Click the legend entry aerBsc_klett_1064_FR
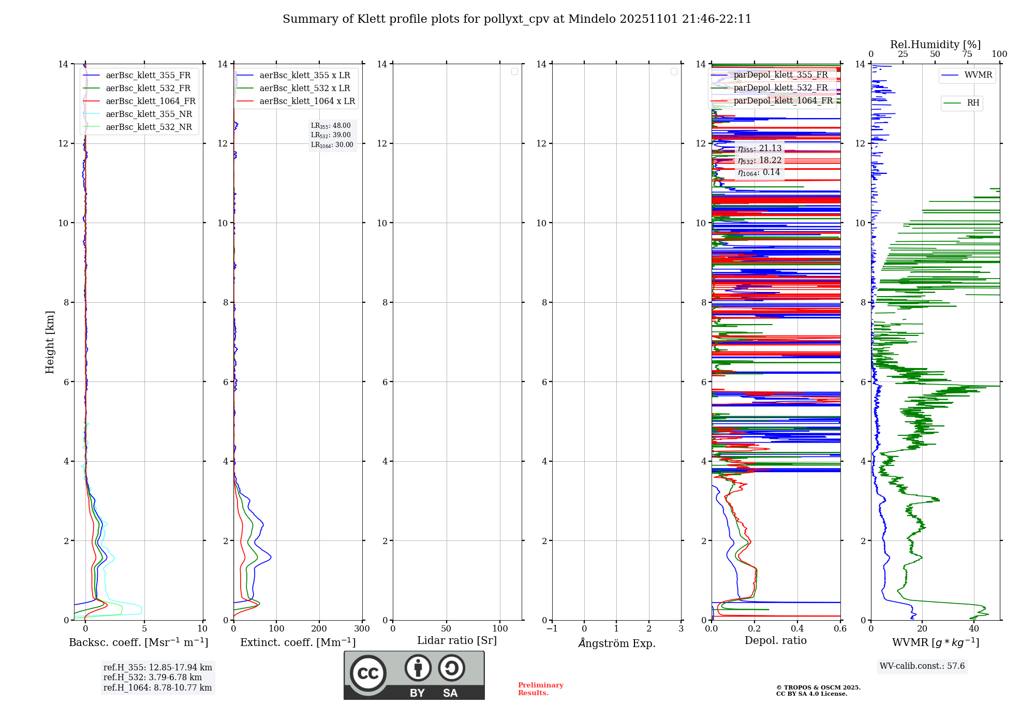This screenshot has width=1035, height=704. [x=151, y=101]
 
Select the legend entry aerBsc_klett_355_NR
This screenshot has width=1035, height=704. [x=149, y=114]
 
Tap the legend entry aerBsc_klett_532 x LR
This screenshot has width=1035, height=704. [x=304, y=88]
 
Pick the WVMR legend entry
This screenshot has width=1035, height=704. [x=978, y=75]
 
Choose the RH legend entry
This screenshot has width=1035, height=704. [x=972, y=103]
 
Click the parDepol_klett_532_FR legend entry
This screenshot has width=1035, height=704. [x=780, y=87]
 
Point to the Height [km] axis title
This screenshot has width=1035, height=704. [x=50, y=342]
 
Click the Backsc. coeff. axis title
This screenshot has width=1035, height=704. [x=139, y=642]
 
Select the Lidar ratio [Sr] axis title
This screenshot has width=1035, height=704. [x=457, y=640]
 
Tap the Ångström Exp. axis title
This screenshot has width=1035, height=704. [x=616, y=643]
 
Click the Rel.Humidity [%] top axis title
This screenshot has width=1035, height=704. [x=935, y=45]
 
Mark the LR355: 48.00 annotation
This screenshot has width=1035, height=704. [x=331, y=126]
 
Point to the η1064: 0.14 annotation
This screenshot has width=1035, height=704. [x=759, y=172]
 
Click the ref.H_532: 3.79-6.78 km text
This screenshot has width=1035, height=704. [x=153, y=678]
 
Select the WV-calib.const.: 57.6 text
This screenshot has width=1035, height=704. [x=922, y=666]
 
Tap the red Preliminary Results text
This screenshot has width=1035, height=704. [x=540, y=689]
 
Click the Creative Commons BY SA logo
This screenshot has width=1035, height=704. [x=414, y=675]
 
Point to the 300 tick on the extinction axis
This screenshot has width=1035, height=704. [x=362, y=629]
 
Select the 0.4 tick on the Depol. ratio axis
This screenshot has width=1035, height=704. [x=797, y=629]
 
